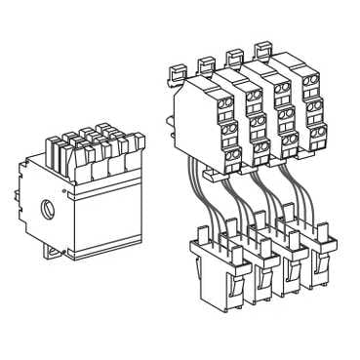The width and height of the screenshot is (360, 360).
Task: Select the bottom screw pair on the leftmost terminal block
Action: coord(233,154)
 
